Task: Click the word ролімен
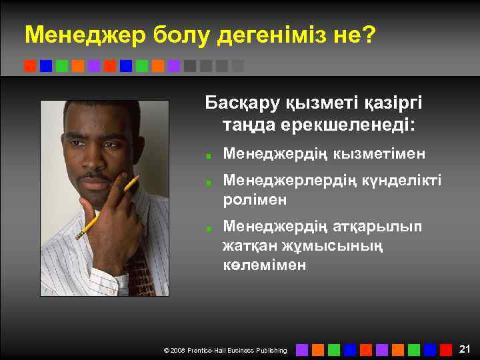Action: click(255, 199)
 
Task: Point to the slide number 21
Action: click(465, 349)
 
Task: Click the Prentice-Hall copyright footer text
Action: click(225, 350)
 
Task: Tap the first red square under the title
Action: click(29, 66)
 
